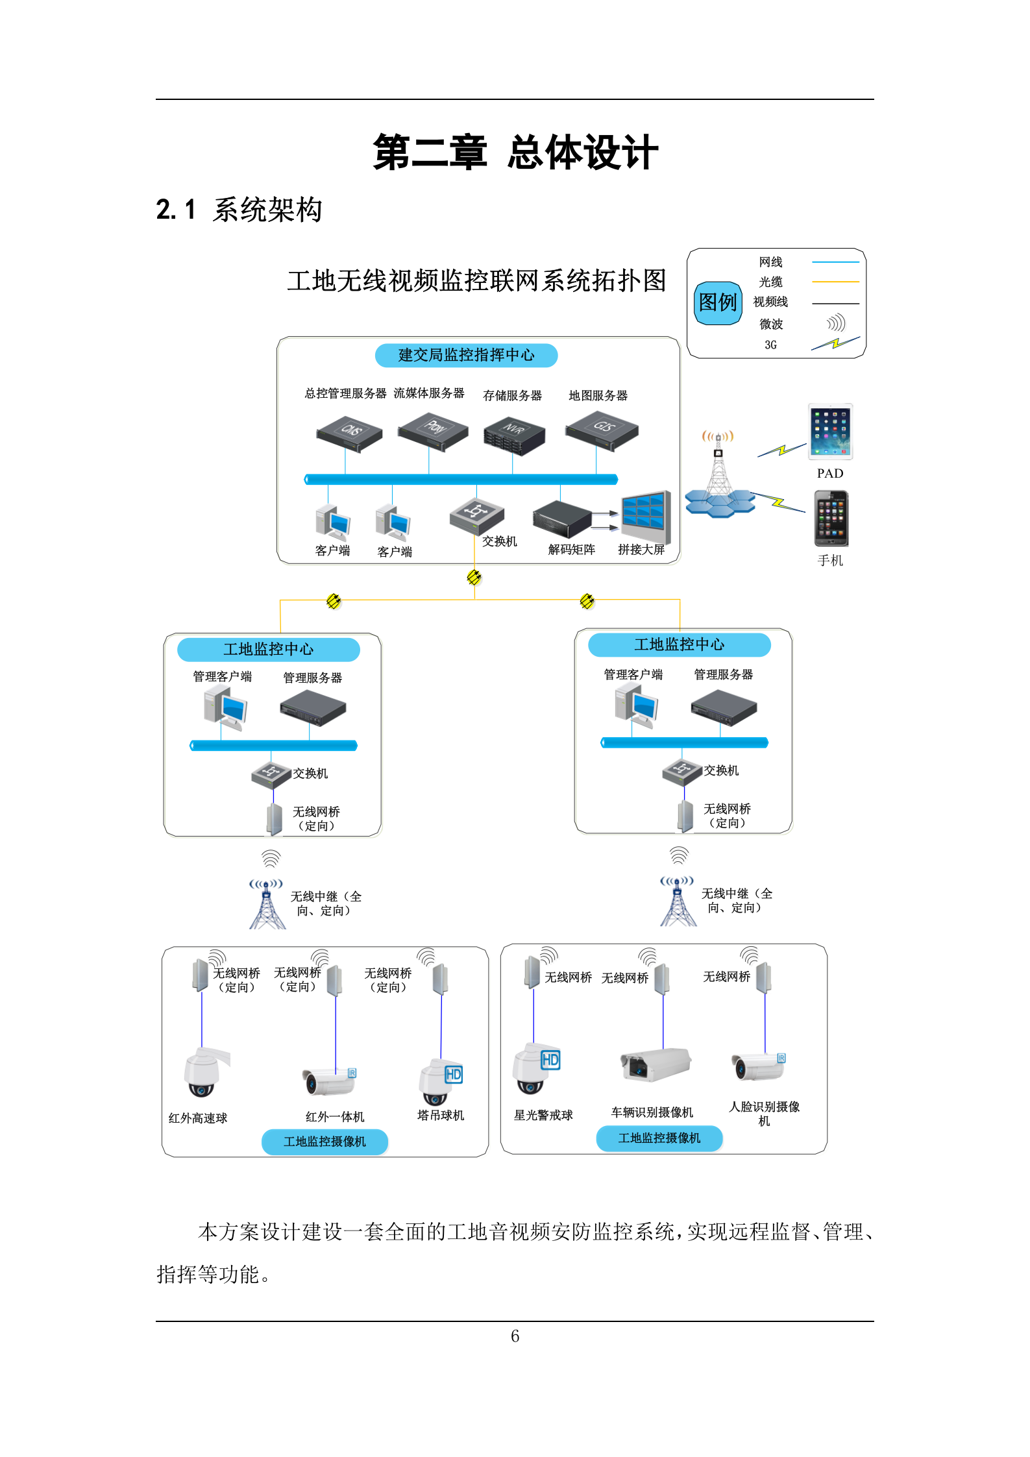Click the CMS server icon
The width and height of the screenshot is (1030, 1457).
(x=349, y=433)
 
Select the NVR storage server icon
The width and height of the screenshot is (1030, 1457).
(x=514, y=437)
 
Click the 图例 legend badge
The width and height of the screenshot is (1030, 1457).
(x=717, y=302)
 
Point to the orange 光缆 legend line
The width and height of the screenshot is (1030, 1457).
(x=835, y=282)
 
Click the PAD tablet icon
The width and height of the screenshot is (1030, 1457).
(x=830, y=432)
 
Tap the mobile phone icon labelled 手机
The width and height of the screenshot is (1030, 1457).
(x=831, y=519)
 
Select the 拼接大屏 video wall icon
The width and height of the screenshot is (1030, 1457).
(x=645, y=516)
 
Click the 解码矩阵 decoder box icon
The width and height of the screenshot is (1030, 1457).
(x=562, y=519)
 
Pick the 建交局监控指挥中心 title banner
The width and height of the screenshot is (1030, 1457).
(x=466, y=355)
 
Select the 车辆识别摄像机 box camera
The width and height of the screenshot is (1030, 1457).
(x=654, y=1064)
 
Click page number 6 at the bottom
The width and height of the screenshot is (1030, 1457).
(x=515, y=1336)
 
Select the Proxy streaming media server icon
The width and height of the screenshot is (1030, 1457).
(x=432, y=430)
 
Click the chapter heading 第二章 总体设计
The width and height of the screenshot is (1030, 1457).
(x=515, y=153)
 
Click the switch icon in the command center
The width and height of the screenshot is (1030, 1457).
(x=476, y=515)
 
